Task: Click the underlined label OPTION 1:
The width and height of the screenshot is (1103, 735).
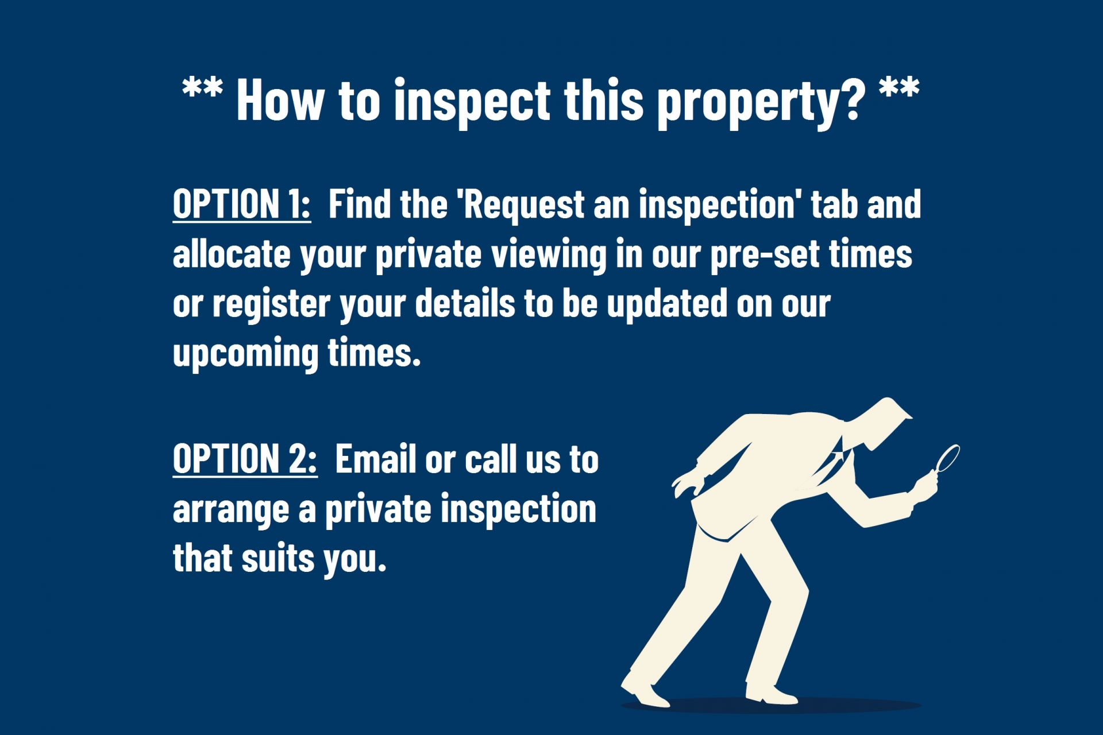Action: tap(242, 204)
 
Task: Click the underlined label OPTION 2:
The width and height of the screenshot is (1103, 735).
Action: tap(245, 459)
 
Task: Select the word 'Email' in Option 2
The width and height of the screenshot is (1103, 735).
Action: tap(375, 459)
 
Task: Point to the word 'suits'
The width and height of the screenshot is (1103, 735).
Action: tap(278, 558)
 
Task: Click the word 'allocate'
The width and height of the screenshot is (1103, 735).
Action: tap(232, 254)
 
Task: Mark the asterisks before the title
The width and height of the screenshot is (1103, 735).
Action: tap(202, 87)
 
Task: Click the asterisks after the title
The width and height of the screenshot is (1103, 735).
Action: tap(899, 87)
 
